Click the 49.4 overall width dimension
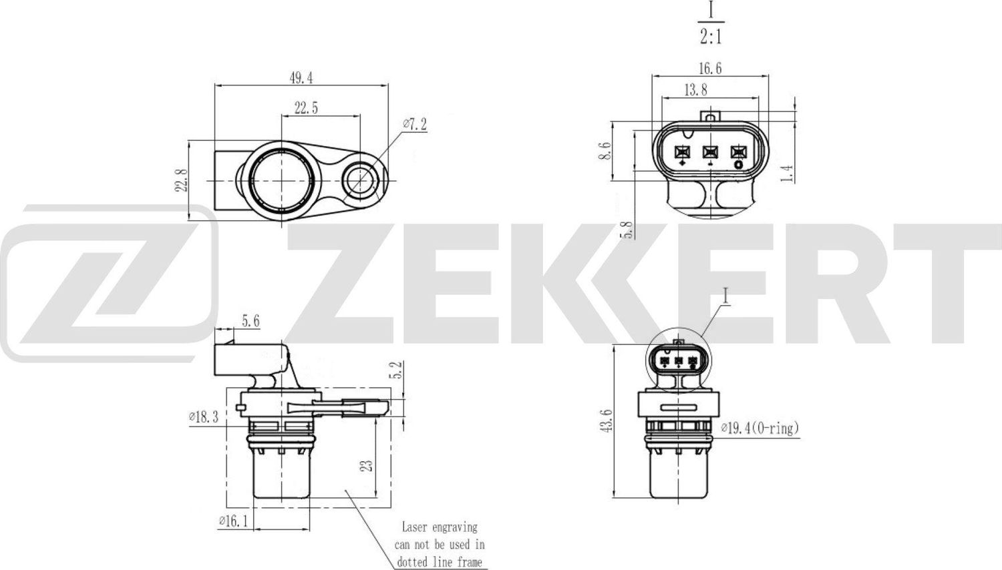(301, 77)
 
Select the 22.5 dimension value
(306, 107)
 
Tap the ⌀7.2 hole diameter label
(414, 124)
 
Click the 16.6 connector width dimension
(709, 68)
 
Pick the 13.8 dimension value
(695, 89)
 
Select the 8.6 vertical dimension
(605, 151)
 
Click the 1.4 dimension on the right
(788, 174)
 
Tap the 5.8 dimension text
(627, 230)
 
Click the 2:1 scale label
(711, 36)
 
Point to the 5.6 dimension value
(251, 322)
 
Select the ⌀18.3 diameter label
(203, 418)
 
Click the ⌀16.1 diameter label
(233, 521)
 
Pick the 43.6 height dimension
(607, 421)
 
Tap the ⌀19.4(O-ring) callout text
(760, 428)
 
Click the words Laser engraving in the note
(439, 527)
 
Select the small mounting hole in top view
(361, 179)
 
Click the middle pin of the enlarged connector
(709, 152)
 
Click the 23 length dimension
(366, 465)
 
